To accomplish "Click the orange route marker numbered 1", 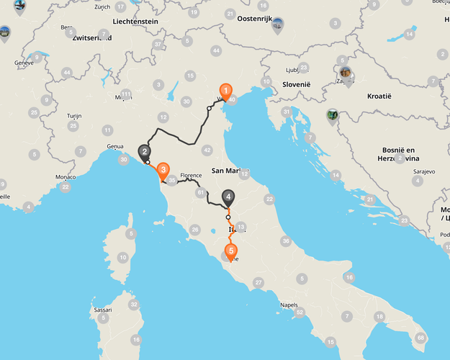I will coord(225,91).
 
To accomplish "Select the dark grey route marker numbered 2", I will coord(145,151).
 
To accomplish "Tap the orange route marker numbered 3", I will coord(163,171).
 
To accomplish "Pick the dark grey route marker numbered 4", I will coord(228,196).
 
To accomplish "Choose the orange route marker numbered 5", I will coord(230,251).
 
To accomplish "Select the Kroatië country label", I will coord(377,96).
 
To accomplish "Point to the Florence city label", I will coord(191,175).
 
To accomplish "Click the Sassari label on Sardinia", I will coord(103,310).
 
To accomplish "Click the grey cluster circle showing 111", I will coord(126,94).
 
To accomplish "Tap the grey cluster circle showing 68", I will coord(420,337).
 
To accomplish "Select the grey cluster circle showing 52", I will coord(300,312).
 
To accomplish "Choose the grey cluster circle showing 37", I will coord(158,44).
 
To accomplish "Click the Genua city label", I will coord(115,146).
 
